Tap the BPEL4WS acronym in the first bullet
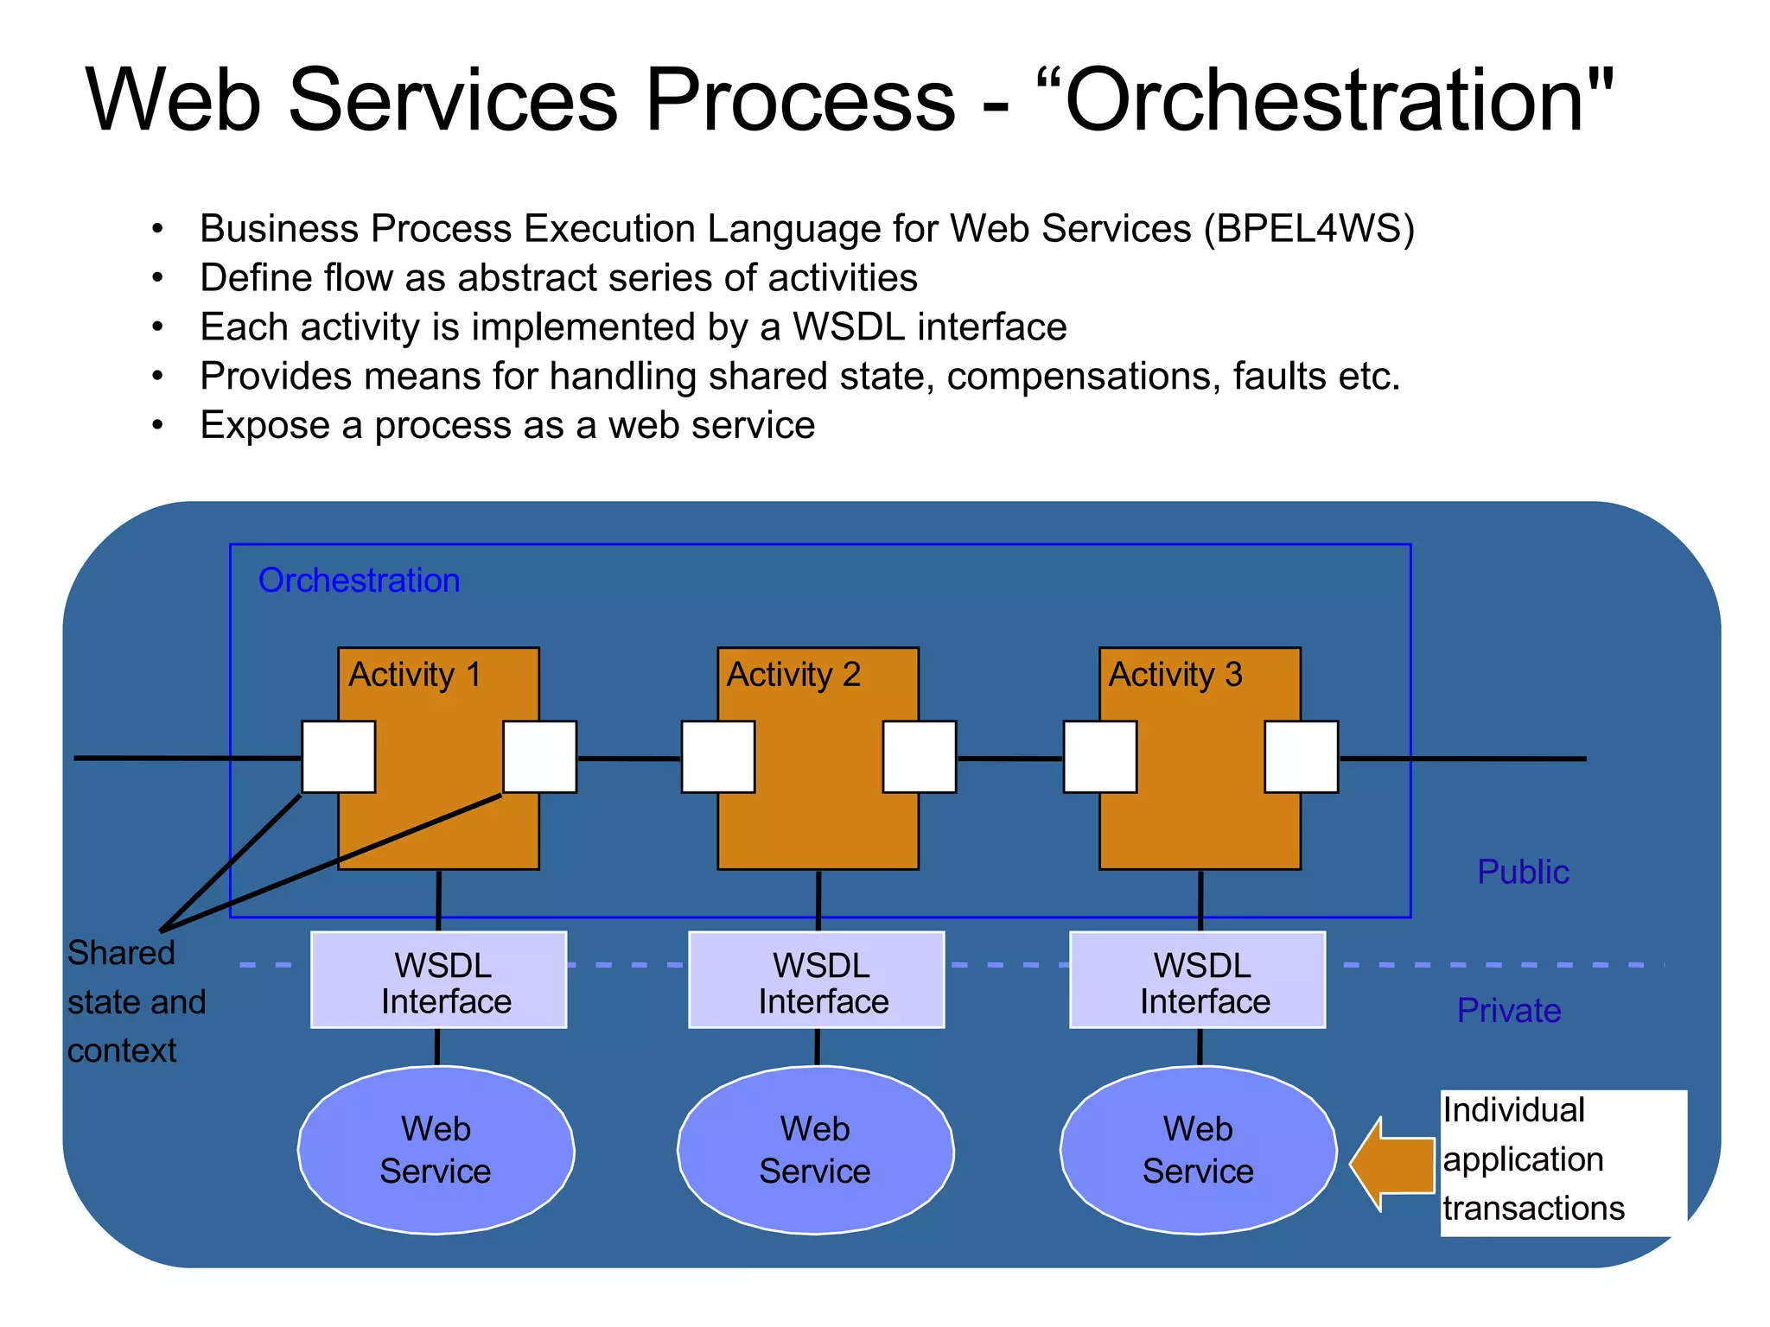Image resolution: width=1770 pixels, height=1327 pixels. click(x=1309, y=229)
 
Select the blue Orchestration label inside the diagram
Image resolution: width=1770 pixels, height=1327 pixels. click(x=359, y=581)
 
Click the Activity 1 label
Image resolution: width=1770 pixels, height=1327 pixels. click(x=414, y=675)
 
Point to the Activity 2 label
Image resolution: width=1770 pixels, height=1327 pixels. click(x=793, y=675)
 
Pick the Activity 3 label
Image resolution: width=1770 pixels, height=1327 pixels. click(x=1175, y=675)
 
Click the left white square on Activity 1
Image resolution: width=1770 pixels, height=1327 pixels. click(x=339, y=757)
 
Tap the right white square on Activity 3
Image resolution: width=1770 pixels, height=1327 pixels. click(x=1301, y=757)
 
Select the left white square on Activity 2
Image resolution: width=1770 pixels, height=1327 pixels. click(x=718, y=757)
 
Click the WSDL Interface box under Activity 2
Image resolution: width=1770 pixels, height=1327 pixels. click(x=817, y=980)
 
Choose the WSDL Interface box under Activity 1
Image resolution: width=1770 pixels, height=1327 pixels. click(x=438, y=980)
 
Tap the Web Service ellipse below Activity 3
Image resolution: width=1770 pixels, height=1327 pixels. click(x=1198, y=1151)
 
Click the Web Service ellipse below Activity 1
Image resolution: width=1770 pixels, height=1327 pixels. click(x=436, y=1151)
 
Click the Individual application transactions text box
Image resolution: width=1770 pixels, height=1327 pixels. click(x=1563, y=1160)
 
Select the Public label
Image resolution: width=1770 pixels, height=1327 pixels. click(x=1523, y=873)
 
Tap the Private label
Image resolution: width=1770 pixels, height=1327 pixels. click(x=1509, y=1011)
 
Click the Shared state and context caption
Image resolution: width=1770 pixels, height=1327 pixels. click(x=136, y=1002)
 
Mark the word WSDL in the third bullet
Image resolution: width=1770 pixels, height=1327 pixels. click(x=849, y=327)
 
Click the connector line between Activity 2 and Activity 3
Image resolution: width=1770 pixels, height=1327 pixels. click(x=1009, y=759)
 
